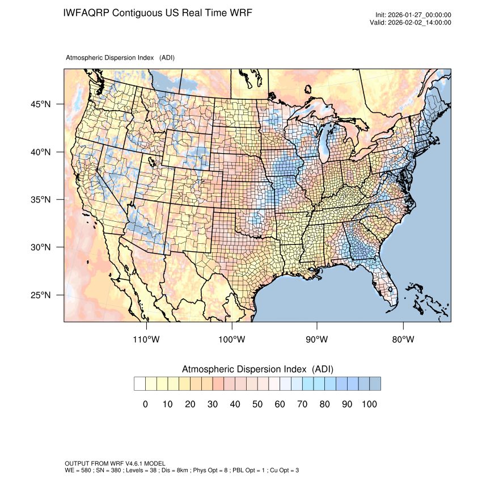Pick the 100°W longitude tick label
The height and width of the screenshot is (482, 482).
[x=232, y=340]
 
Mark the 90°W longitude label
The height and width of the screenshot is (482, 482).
[x=317, y=340]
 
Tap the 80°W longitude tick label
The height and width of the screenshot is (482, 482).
[x=403, y=340]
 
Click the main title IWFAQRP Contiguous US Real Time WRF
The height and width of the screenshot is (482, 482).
[x=158, y=12]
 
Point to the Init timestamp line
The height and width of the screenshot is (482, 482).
[x=413, y=15]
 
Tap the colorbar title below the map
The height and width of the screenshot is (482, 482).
[x=257, y=369]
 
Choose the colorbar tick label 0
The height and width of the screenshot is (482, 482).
[x=145, y=404]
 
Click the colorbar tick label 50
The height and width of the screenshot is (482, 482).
[x=257, y=404]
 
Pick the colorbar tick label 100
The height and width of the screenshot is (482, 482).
[x=369, y=404]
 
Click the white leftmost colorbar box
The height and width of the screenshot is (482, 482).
[x=139, y=384]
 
